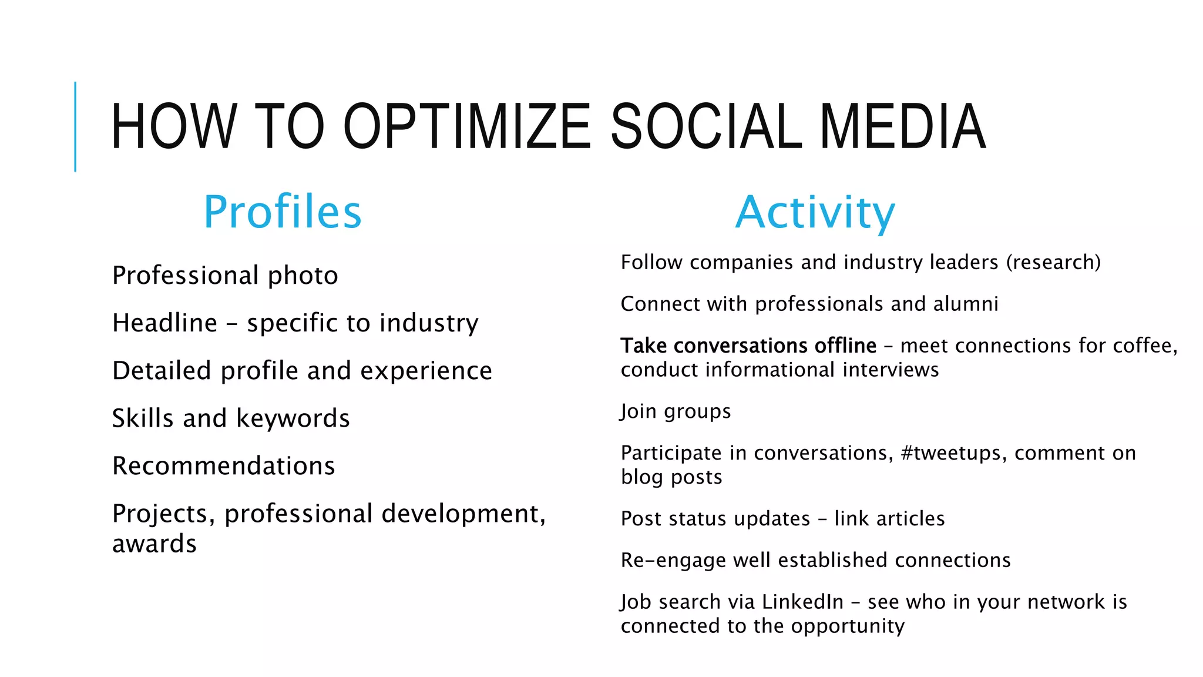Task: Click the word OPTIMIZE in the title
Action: (x=467, y=126)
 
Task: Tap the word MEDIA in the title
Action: (x=902, y=126)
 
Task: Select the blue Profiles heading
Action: (x=283, y=212)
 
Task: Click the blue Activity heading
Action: (x=815, y=212)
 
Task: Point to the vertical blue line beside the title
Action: (x=75, y=126)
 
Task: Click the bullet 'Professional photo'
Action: (x=225, y=276)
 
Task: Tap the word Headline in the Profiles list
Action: (x=164, y=323)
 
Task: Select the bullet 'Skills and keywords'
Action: (x=231, y=418)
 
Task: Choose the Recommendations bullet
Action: (x=224, y=466)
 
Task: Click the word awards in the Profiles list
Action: (x=154, y=544)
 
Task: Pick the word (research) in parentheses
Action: (x=1054, y=262)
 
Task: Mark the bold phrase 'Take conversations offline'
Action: (x=748, y=346)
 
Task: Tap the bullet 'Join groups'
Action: (x=676, y=411)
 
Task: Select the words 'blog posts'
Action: (x=671, y=477)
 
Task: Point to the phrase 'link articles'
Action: (x=889, y=519)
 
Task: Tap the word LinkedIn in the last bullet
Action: (x=802, y=602)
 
